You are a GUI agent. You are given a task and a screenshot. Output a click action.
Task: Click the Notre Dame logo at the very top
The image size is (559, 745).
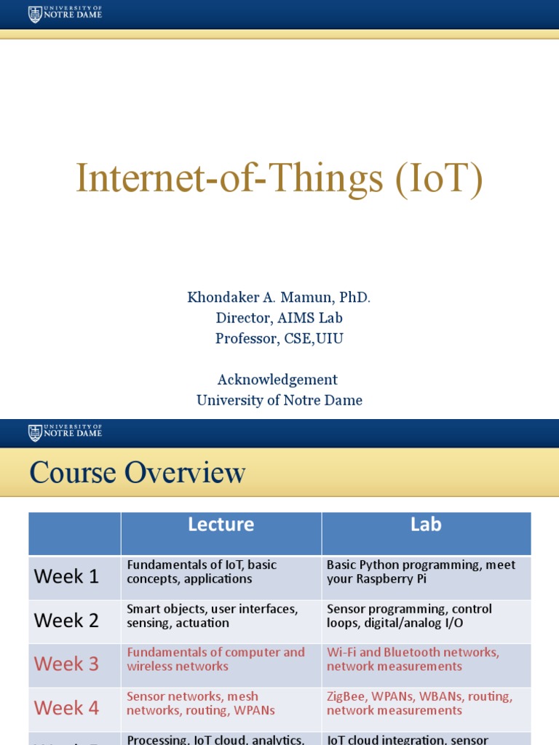coord(65,14)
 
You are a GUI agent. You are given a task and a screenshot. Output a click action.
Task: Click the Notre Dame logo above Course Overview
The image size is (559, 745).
coord(65,433)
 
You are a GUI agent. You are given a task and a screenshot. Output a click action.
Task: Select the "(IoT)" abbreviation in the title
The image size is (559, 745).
coord(439,179)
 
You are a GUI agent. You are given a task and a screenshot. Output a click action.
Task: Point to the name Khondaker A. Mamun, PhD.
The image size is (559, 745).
coord(279,297)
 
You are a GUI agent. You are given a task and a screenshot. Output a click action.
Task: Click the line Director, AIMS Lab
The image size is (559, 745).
coord(279,318)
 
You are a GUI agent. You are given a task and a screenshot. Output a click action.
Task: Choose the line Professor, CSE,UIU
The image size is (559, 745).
coord(279,339)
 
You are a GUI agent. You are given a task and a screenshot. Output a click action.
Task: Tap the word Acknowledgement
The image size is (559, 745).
coord(277,379)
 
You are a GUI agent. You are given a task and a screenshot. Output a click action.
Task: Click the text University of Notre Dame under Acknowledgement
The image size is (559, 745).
coord(279,400)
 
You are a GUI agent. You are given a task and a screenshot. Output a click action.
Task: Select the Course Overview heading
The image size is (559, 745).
coord(138,474)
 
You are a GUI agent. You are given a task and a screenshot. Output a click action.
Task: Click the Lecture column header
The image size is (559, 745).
coord(221,525)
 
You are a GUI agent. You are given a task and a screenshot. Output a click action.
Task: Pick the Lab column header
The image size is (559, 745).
coord(426,525)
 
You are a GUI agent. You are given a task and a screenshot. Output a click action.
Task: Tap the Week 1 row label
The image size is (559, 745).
coord(66,577)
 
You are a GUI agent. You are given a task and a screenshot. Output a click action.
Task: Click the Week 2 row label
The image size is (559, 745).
coord(66,621)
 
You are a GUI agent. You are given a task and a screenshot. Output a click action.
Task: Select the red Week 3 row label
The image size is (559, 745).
coord(66,664)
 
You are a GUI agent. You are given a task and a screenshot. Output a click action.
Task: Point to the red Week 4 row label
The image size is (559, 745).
coord(66,708)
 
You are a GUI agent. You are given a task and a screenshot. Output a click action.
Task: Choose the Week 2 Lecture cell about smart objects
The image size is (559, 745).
coord(212,615)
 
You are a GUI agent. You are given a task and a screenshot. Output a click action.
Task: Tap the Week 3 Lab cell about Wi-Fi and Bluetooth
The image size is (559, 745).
coord(413,659)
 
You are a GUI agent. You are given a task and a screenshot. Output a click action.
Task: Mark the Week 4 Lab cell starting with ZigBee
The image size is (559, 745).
coord(419,703)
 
